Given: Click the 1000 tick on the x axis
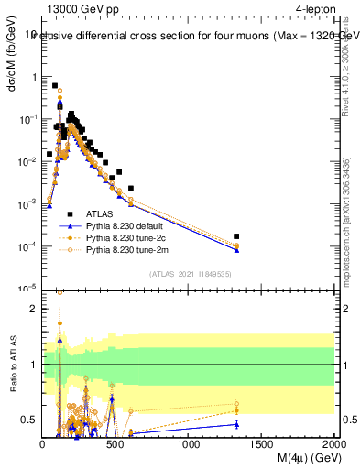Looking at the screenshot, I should pos(189,443).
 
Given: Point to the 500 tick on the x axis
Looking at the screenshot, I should pos(115,443).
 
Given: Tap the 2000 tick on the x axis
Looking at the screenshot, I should pos(334,443).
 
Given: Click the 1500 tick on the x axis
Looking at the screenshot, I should pos(262,443).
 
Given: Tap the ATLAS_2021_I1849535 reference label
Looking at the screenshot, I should pos(189,273).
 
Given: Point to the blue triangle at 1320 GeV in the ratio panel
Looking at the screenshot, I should pos(236,424).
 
